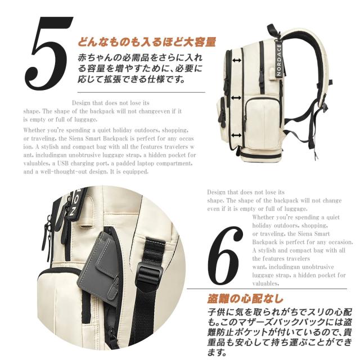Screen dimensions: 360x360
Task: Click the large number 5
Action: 49,53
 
